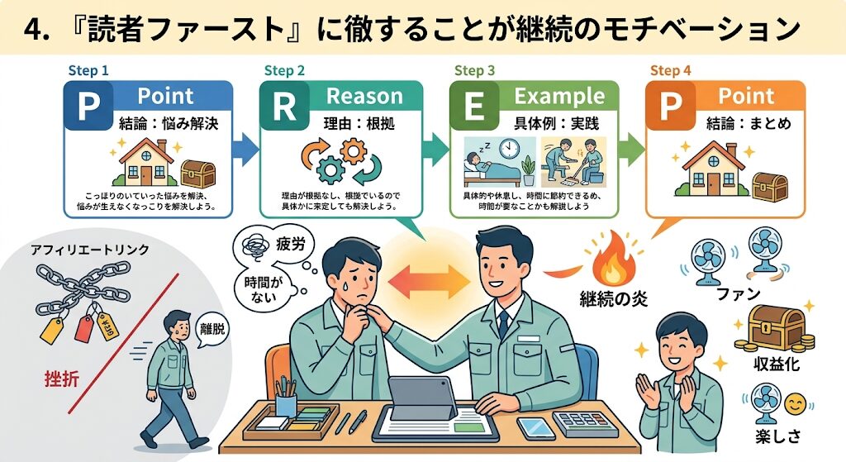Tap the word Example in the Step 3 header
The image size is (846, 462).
click(559, 97)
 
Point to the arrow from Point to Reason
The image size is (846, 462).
click(245, 149)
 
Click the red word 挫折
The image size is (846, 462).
click(64, 380)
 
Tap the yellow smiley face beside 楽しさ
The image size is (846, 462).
click(794, 404)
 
